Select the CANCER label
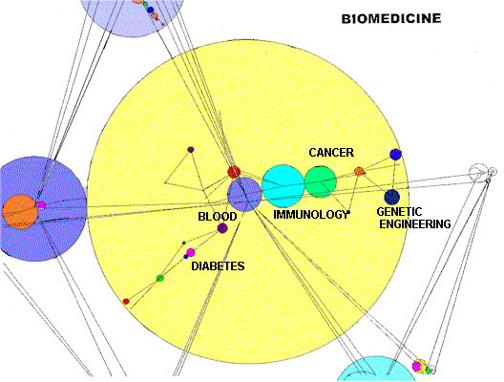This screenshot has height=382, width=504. [331, 153]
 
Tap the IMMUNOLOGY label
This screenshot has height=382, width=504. [311, 215]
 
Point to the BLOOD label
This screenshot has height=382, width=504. [217, 217]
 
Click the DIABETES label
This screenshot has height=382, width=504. [218, 266]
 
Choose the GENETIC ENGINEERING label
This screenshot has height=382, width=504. [413, 218]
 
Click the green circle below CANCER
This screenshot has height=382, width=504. [320, 180]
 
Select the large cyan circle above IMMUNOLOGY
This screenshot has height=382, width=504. [283, 186]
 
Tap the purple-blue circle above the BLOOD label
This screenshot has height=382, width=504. [244, 194]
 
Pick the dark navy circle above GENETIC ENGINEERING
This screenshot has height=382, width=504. [390, 198]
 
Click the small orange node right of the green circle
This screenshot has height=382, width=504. [359, 172]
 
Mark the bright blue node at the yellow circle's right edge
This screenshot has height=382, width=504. [395, 155]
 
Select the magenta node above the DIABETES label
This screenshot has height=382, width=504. [190, 252]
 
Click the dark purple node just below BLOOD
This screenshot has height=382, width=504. [222, 229]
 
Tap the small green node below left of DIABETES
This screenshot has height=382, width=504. [159, 278]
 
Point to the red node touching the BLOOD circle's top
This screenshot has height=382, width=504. [233, 172]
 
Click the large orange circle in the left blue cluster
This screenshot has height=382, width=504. [18, 211]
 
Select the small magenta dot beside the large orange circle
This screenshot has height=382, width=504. [41, 205]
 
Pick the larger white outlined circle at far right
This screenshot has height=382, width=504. [476, 173]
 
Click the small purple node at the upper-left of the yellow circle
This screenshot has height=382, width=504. [190, 149]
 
